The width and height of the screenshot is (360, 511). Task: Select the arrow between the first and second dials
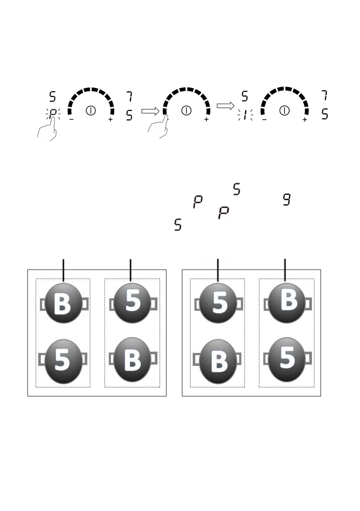pyautogui.click(x=150, y=111)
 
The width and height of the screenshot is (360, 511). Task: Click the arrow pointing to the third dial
pyautogui.click(x=224, y=106)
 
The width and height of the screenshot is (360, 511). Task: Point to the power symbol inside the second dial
pyautogui.click(x=186, y=110)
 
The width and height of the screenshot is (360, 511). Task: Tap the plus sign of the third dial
pyautogui.click(x=305, y=120)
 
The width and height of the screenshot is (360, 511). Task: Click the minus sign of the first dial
pyautogui.click(x=71, y=120)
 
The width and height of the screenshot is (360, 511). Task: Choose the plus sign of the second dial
pyautogui.click(x=207, y=120)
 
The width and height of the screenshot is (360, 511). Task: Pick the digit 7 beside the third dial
pyautogui.click(x=326, y=96)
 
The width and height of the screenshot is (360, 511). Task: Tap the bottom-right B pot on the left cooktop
pyautogui.click(x=132, y=360)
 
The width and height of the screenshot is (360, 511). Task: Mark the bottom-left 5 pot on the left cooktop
pyautogui.click(x=64, y=360)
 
